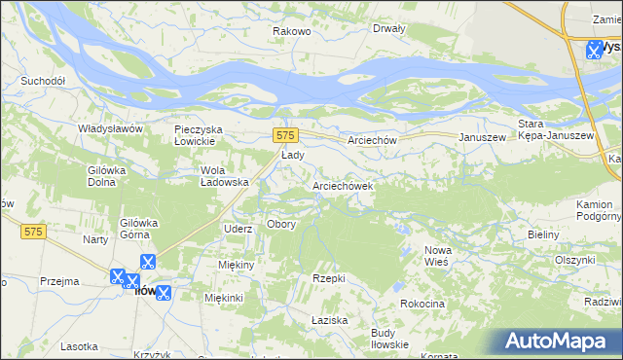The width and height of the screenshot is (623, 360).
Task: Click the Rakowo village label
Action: click(x=291, y=31)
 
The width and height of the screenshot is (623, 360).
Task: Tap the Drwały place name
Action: click(x=388, y=28)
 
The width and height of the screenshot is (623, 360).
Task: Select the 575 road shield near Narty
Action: click(x=34, y=231)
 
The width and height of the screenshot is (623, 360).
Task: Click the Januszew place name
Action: click(x=483, y=138)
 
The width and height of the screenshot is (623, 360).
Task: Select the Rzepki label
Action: click(x=329, y=278)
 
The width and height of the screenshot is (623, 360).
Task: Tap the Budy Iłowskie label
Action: click(x=389, y=339)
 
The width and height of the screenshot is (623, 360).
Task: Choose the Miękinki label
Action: click(x=223, y=298)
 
